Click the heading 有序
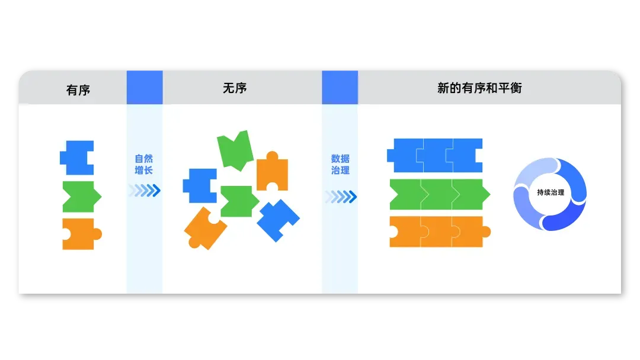78,90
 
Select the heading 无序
235,88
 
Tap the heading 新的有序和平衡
479,88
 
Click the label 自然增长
144,164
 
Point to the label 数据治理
340,164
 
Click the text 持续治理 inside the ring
550,192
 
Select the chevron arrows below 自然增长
145,190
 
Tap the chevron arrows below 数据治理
341,196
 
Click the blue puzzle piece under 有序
78,157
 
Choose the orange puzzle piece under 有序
81,234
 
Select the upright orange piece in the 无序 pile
272,171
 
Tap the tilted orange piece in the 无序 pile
205,228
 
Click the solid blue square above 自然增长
145,88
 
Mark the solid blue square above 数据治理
340,88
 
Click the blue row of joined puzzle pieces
436,155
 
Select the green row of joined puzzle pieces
439,194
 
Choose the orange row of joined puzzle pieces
439,232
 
